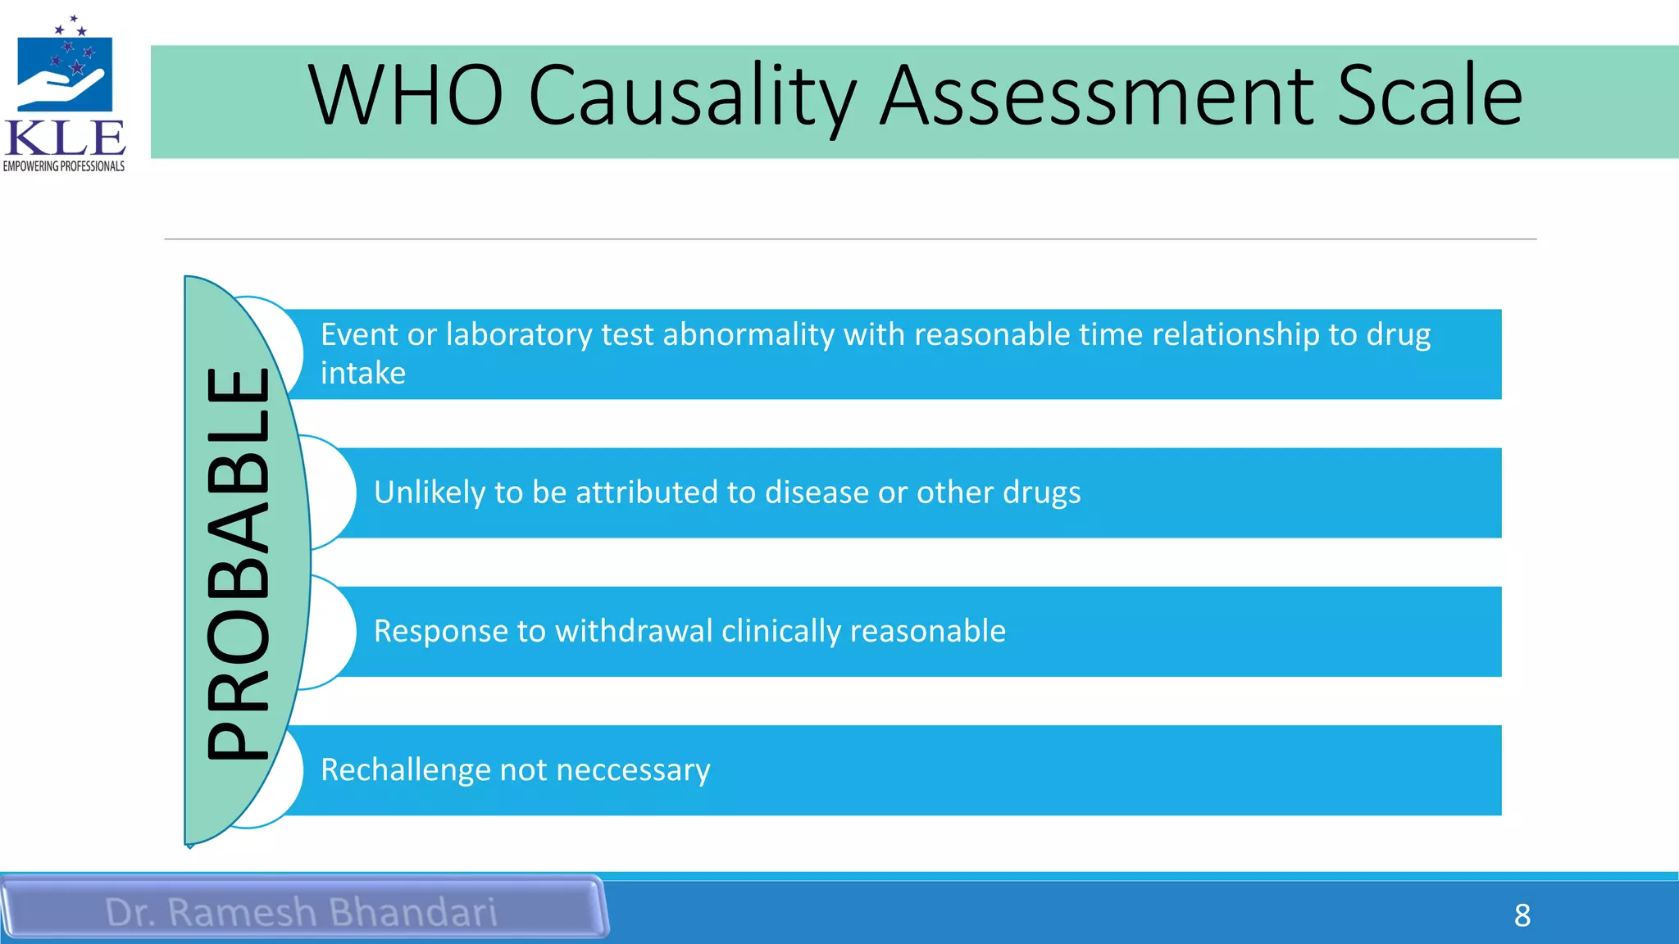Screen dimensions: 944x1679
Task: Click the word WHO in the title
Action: click(x=405, y=96)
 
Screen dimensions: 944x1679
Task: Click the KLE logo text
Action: click(x=65, y=138)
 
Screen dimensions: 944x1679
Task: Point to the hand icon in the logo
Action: click(x=62, y=87)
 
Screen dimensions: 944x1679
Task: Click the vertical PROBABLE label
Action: click(x=239, y=563)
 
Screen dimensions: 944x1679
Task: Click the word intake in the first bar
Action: click(x=363, y=374)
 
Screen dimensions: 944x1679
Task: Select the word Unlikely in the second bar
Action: click(x=429, y=492)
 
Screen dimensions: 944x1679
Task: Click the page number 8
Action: click(x=1522, y=915)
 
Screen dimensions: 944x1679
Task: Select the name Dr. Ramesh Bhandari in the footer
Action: click(x=301, y=912)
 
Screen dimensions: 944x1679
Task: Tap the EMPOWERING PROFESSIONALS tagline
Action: click(x=64, y=166)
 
